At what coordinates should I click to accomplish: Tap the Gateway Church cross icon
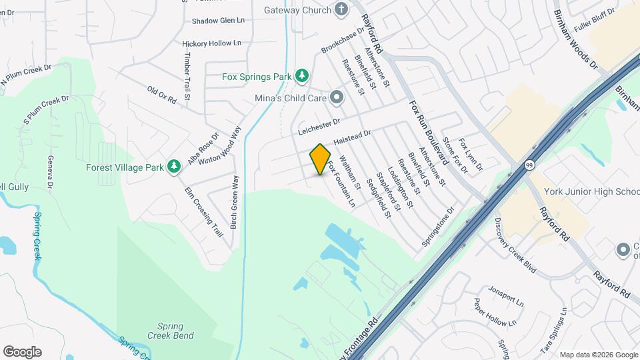341,10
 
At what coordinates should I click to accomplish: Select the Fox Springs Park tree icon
302,76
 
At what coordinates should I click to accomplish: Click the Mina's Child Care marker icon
337,97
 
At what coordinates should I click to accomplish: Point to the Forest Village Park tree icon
174,165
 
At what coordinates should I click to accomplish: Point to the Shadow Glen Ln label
218,21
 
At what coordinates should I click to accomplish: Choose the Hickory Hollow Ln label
211,43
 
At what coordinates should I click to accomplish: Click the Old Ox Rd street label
161,95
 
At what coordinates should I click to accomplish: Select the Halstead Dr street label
351,138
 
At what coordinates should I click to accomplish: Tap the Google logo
22,352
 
